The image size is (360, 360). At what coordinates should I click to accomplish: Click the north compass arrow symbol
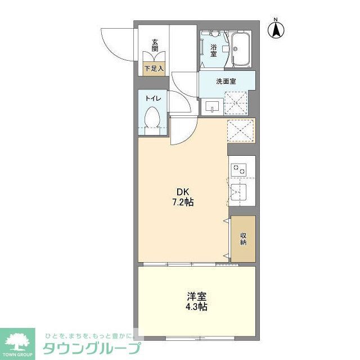pyautogui.click(x=276, y=29)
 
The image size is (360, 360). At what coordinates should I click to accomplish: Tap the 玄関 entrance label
pyautogui.click(x=154, y=44)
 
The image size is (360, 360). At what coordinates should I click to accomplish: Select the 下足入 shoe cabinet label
pyautogui.click(x=153, y=69)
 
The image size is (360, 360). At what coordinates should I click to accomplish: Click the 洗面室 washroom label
pyautogui.click(x=226, y=81)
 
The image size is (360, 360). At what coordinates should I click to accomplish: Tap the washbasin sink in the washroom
pyautogui.click(x=213, y=106)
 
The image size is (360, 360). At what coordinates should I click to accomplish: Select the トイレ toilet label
pyautogui.click(x=152, y=98)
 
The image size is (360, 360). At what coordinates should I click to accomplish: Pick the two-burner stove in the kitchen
pyautogui.click(x=240, y=168)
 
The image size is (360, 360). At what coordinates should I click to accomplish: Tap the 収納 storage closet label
pyautogui.click(x=243, y=238)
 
